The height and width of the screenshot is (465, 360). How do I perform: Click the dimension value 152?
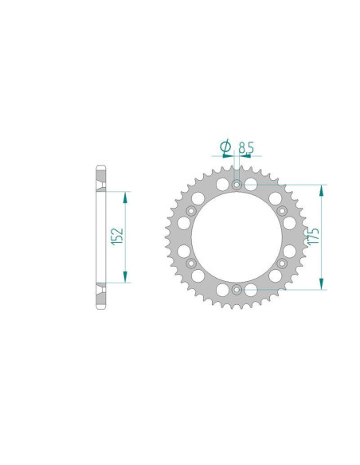click(x=117, y=236)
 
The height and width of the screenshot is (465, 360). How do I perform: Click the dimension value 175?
click(x=313, y=236)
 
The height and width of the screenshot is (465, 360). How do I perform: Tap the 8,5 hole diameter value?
click(x=246, y=147)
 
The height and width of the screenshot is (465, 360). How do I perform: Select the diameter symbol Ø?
click(x=225, y=147)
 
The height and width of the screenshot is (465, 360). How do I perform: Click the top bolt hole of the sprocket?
click(x=237, y=185)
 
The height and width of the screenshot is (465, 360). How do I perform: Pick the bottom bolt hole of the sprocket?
click(x=237, y=290)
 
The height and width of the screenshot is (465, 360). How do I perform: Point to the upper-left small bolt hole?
click(x=191, y=211)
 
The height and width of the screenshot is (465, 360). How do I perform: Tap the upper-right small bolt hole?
click(x=282, y=211)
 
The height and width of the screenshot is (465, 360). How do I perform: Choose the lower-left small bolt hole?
click(x=191, y=263)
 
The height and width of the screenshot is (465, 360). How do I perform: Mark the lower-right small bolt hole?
click(x=282, y=263)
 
